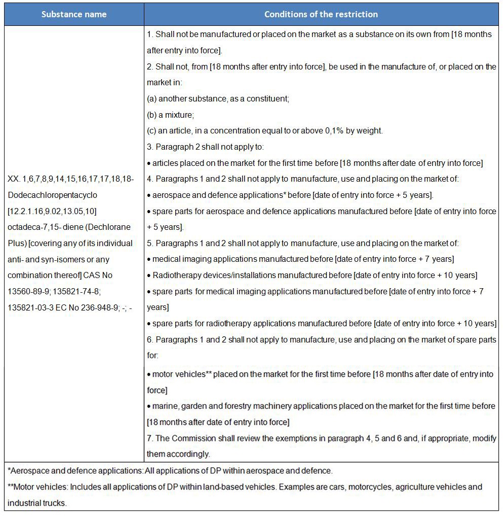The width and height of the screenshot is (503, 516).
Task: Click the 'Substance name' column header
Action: coord(74,14)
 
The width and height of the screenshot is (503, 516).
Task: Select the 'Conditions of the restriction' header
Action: coord(321,14)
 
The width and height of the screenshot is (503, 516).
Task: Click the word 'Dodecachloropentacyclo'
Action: coord(53,195)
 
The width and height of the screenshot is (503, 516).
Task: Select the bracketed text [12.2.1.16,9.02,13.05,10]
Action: coord(52,211)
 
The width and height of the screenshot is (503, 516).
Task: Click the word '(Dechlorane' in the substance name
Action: coord(108,227)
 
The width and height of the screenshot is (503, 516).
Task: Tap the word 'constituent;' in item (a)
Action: coord(268,98)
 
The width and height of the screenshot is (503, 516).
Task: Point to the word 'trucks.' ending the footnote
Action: coord(55,503)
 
